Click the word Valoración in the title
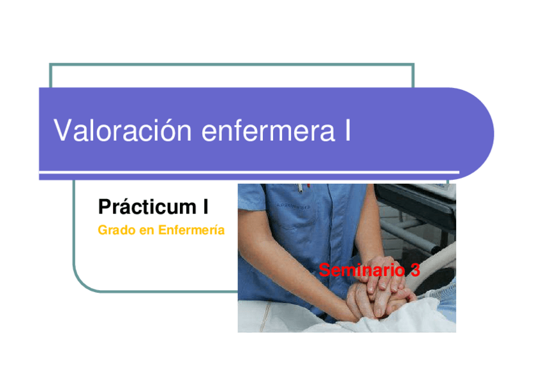(x=122, y=130)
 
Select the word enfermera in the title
(x=268, y=130)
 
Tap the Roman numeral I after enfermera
(x=348, y=130)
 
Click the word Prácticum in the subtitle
(x=147, y=207)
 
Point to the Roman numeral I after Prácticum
(x=205, y=207)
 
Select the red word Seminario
(x=362, y=270)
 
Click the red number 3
(x=415, y=270)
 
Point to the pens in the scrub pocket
(x=303, y=187)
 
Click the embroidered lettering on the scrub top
(x=293, y=207)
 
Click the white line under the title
(x=249, y=172)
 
